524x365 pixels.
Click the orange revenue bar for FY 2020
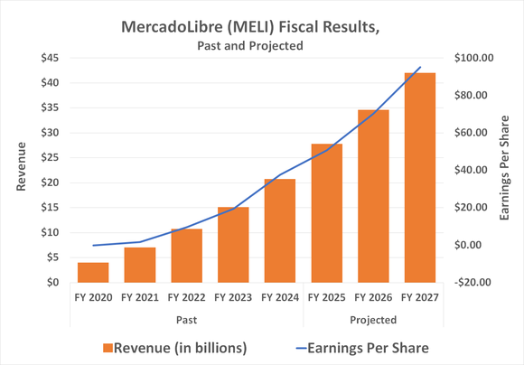[x=93, y=272]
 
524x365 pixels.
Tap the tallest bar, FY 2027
[x=418, y=177]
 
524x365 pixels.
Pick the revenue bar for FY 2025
[x=326, y=213]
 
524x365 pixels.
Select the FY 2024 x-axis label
[x=279, y=295]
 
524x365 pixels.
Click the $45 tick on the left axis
[x=49, y=58]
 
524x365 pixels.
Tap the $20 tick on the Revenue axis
[x=49, y=182]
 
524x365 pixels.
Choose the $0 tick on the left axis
[x=52, y=282]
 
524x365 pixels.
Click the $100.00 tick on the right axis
[x=471, y=58]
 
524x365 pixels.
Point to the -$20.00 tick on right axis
[x=471, y=282]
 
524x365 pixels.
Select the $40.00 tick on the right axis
[x=471, y=170]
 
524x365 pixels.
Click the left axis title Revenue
[x=20, y=170]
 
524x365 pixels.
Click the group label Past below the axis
[x=186, y=319]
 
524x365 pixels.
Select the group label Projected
[x=372, y=319]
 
